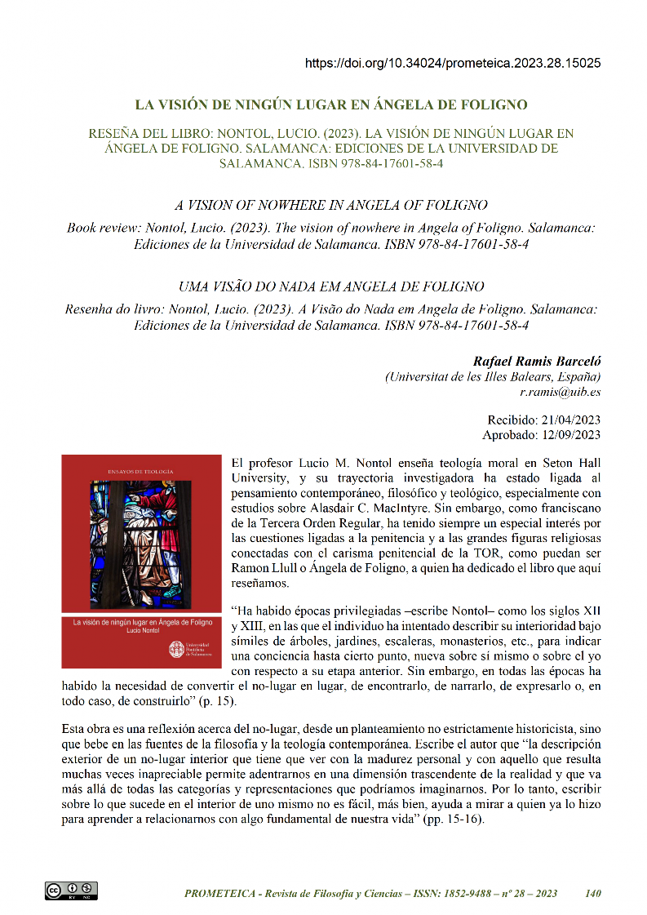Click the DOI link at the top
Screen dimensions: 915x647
click(453, 63)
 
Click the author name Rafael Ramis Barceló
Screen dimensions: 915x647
click(537, 361)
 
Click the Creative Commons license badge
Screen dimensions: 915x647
click(71, 891)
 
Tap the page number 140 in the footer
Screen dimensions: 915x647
click(593, 894)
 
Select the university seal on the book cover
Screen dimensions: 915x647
click(175, 650)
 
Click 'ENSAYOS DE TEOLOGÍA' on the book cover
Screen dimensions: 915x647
click(142, 471)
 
